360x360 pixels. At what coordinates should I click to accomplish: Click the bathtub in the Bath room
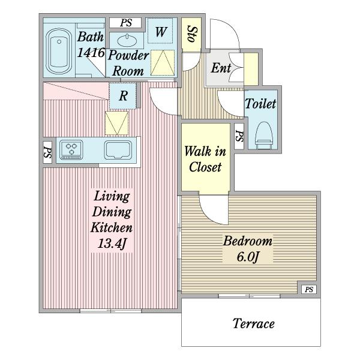59,51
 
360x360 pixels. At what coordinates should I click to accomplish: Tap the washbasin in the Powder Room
127,41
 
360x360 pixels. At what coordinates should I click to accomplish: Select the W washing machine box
160,31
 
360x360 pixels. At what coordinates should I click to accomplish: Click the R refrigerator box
123,96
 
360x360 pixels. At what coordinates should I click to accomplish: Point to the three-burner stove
71,149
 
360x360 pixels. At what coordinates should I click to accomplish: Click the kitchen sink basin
118,150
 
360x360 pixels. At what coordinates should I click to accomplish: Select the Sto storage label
191,34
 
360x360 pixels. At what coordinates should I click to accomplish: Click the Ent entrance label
221,68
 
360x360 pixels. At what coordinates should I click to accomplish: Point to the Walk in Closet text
205,159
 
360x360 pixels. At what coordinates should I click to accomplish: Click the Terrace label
253,323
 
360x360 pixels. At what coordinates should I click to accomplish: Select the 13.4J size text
112,244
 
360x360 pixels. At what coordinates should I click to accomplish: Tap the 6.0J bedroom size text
248,257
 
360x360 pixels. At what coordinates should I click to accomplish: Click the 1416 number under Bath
91,53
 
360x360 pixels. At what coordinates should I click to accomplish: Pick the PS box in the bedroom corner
309,289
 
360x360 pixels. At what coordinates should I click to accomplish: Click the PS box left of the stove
47,152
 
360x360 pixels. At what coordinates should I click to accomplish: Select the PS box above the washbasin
125,23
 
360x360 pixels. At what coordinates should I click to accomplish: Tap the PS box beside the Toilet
239,136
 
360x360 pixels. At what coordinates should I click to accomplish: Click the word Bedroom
248,241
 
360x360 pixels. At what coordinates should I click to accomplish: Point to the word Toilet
260,104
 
